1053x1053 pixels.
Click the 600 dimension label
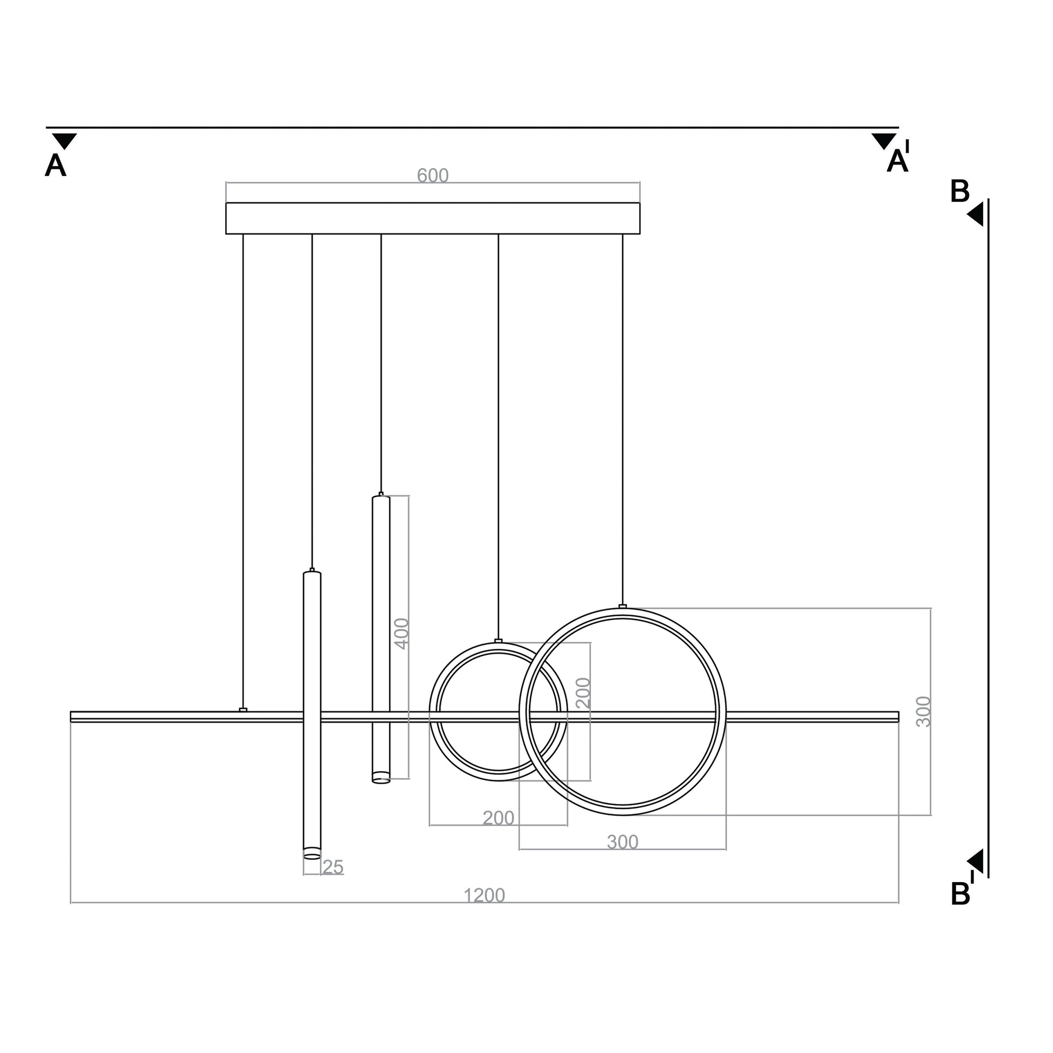coord(432,175)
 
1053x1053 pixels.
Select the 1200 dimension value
coord(484,895)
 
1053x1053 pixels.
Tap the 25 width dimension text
coord(333,867)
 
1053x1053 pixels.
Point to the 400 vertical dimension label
coord(402,633)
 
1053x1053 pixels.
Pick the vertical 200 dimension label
coord(583,693)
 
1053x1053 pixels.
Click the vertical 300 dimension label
coord(923,711)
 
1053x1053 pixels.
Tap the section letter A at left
coord(56,165)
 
